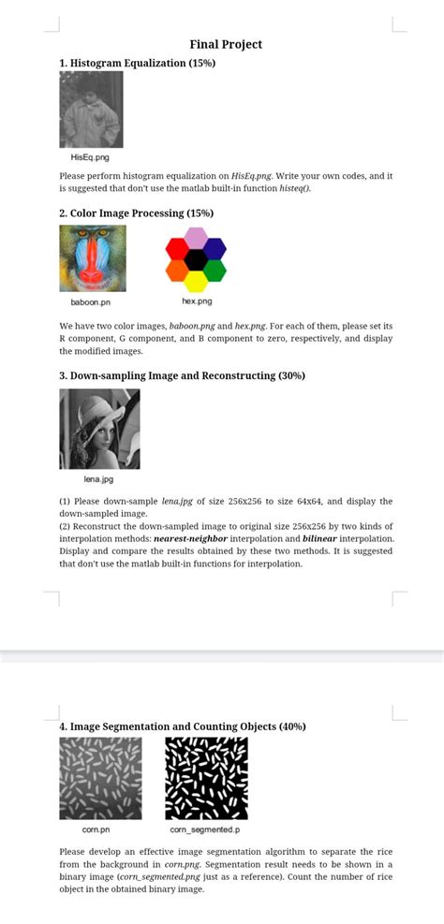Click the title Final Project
226,44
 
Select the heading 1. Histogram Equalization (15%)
137,63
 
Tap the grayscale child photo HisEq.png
91,110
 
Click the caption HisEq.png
90,157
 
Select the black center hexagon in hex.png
196,259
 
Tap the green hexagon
215,271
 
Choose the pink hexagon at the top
196,238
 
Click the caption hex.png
197,301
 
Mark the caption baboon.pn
91,302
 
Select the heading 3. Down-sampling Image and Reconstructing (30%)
182,375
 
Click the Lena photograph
99,429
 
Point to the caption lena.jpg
98,479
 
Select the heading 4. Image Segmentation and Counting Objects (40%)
183,726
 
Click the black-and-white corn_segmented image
206,778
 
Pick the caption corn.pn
96,829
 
